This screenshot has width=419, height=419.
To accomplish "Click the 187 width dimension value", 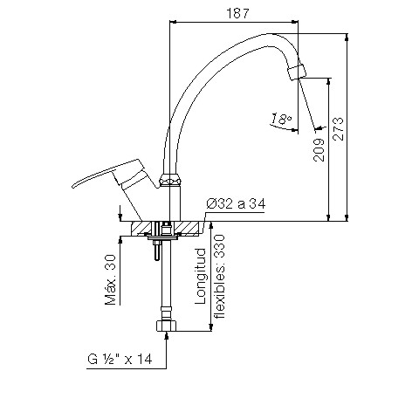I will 233,13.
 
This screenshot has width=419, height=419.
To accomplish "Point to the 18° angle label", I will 281,119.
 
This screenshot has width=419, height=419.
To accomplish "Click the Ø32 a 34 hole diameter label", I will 235,203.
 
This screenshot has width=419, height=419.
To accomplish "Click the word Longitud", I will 200,276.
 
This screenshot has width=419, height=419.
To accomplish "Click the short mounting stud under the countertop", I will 155,251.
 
